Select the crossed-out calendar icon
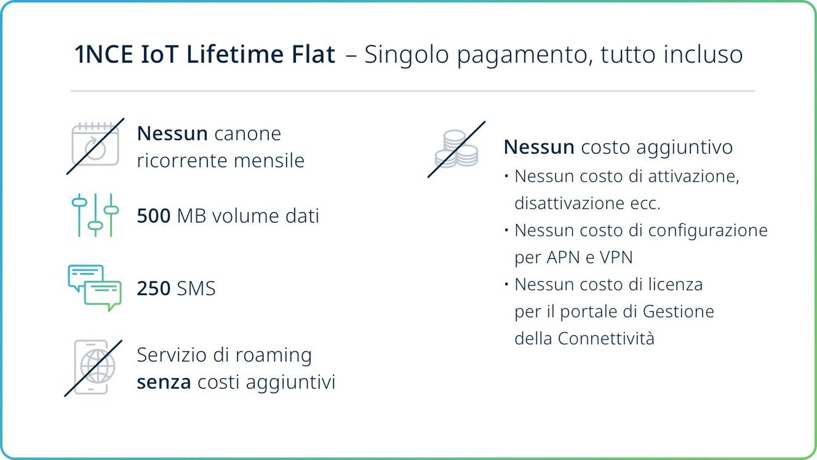point(95,146)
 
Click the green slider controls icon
point(95,215)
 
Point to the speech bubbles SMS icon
point(94,288)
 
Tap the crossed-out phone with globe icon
point(93,368)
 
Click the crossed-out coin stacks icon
point(456,149)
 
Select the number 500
point(154,216)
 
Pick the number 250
point(154,289)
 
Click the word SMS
point(196,289)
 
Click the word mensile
point(269,161)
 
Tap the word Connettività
point(606,339)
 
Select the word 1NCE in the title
point(103,54)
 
